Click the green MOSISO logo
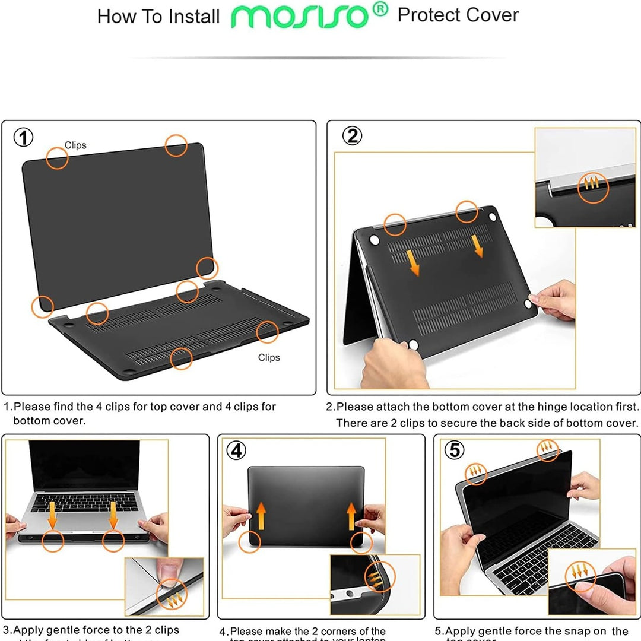[x=302, y=17]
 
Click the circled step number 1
[x=23, y=138]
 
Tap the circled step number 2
[x=352, y=136]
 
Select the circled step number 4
[x=236, y=451]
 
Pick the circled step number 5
[x=454, y=450]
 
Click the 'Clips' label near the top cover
[x=75, y=145]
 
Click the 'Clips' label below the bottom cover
[x=269, y=357]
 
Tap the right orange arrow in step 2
[x=477, y=245]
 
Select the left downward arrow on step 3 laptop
[x=52, y=514]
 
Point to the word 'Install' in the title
[x=194, y=17]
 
